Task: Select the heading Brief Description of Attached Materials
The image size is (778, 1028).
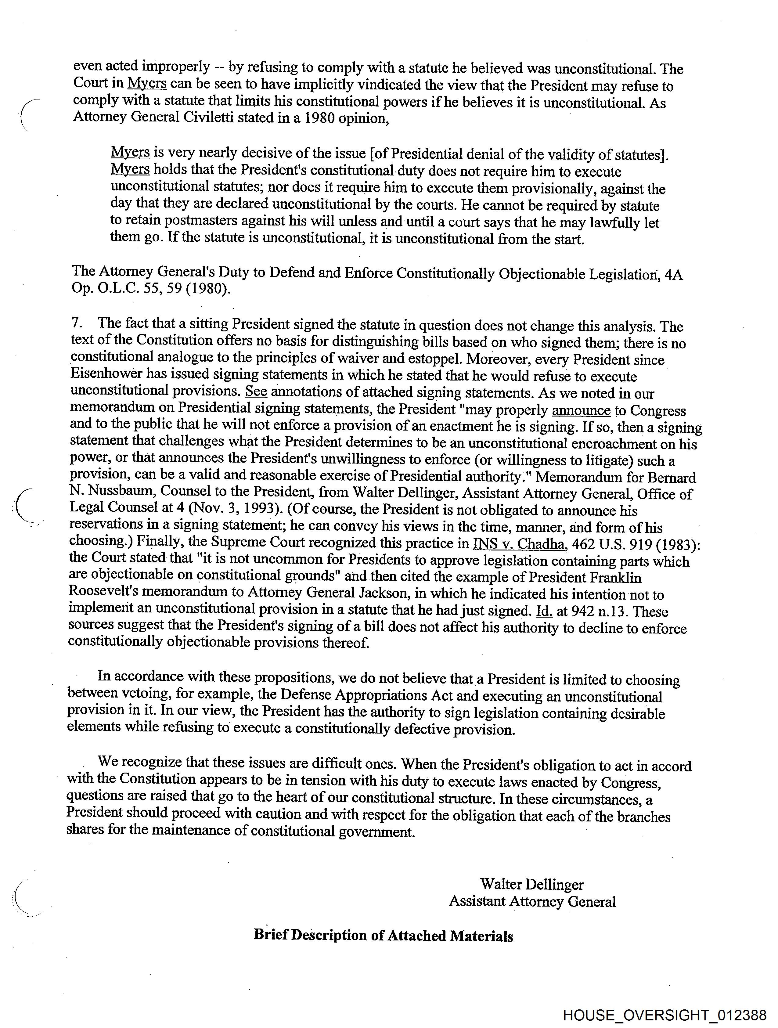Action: (384, 936)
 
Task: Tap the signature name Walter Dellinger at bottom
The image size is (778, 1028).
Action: (532, 884)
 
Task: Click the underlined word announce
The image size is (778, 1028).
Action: (581, 410)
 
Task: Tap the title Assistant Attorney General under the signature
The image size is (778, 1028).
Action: (532, 902)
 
